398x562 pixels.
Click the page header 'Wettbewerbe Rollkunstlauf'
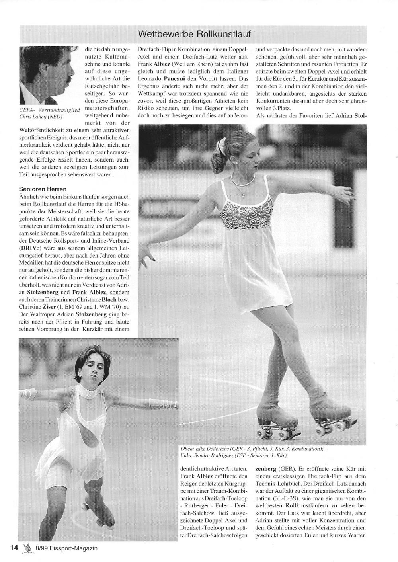point(194,34)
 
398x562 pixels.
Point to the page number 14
point(14,548)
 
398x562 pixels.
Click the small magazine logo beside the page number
point(27,548)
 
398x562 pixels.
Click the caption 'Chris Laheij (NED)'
point(41,117)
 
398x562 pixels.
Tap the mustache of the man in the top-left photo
point(67,81)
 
